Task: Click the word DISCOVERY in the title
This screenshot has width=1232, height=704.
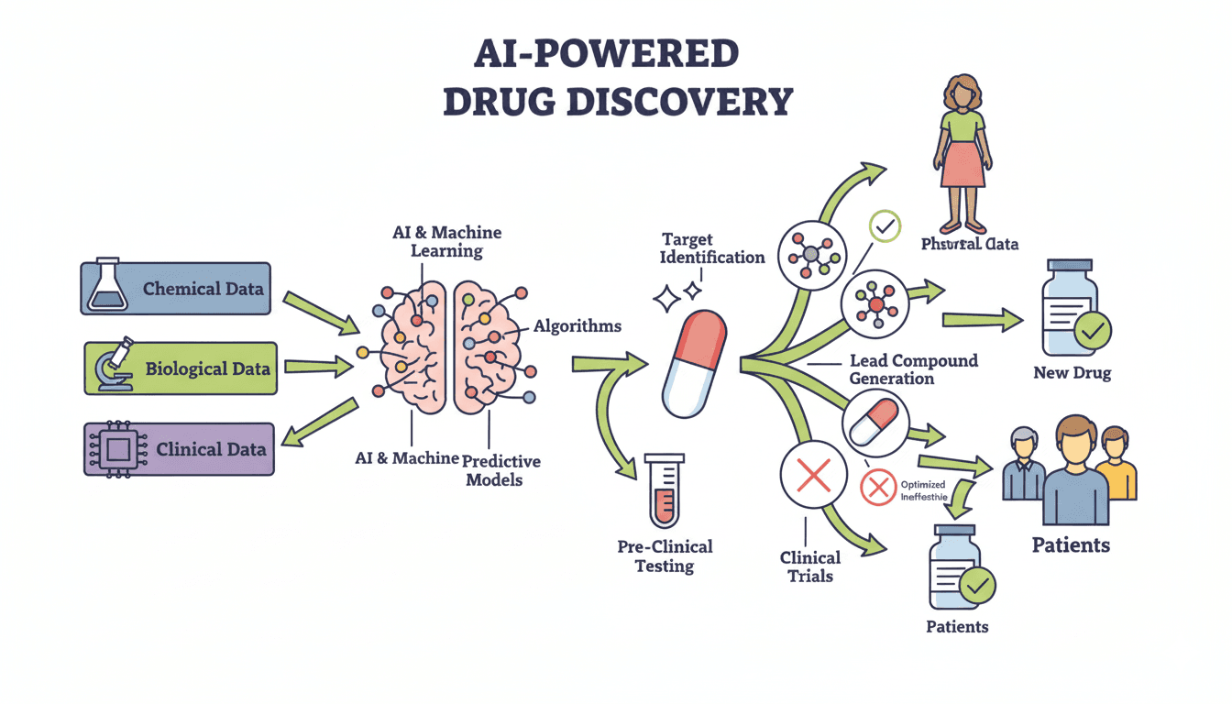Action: click(679, 101)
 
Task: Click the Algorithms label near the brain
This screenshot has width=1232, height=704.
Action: click(577, 325)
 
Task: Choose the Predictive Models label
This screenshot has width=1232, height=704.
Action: click(501, 469)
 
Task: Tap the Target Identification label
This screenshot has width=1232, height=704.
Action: click(713, 247)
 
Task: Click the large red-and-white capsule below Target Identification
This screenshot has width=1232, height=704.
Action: click(694, 363)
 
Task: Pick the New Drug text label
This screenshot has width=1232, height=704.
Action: click(1072, 373)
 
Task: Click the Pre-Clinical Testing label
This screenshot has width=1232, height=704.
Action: click(665, 555)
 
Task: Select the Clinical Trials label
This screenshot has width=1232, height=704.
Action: click(810, 566)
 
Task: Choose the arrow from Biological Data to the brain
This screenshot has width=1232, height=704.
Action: click(318, 368)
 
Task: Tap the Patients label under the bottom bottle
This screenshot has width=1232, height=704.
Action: click(957, 627)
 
